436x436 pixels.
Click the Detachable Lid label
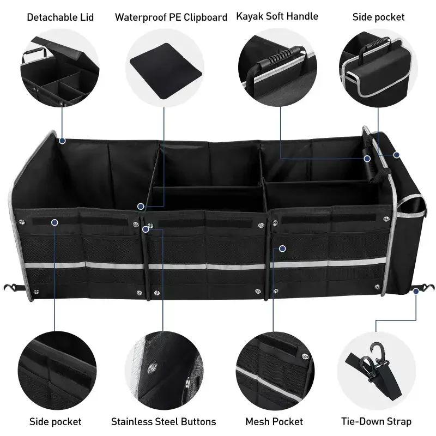click(x=60, y=17)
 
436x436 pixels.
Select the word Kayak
click(x=249, y=16)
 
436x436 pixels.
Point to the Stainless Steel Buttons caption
click(x=163, y=421)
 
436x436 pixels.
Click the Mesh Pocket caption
click(x=274, y=421)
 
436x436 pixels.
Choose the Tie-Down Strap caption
click(x=376, y=421)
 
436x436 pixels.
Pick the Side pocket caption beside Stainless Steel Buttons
click(x=55, y=421)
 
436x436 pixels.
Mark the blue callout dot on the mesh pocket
click(x=282, y=249)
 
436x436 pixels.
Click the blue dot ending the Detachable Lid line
click(x=62, y=141)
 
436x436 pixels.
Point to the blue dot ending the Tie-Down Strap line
click(x=415, y=292)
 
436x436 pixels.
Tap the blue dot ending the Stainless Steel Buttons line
click(x=146, y=229)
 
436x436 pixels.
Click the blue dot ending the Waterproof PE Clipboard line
click(x=141, y=207)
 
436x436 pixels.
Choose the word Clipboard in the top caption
click(x=205, y=17)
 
